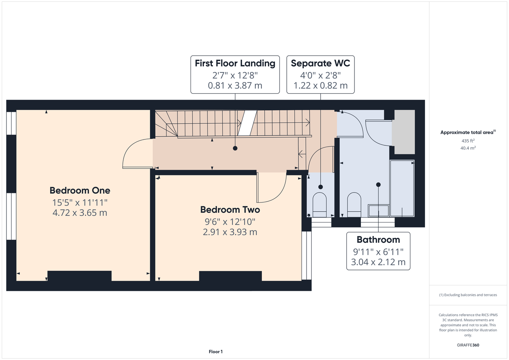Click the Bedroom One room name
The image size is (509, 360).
[80, 190]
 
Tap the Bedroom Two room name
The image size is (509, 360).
[230, 210]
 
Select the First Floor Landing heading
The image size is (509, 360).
[235, 63]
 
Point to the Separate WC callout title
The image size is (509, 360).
[320, 63]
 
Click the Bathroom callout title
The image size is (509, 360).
[378, 240]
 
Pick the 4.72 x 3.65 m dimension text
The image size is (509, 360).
[80, 213]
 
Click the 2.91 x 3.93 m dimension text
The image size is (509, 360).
[230, 232]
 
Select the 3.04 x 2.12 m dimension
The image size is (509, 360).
[378, 262]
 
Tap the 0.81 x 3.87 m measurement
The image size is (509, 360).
[235, 86]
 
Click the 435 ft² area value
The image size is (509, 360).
[468, 141]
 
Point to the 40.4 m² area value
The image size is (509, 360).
[468, 148]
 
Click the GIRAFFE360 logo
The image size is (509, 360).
[468, 345]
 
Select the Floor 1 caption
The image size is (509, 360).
[216, 352]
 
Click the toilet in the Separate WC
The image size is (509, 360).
[320, 205]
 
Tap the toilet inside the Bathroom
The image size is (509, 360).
[354, 205]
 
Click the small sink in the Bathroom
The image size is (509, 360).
[378, 211]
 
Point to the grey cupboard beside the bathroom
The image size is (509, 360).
[405, 132]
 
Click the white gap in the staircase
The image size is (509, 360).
[247, 123]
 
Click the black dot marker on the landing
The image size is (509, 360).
[235, 148]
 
